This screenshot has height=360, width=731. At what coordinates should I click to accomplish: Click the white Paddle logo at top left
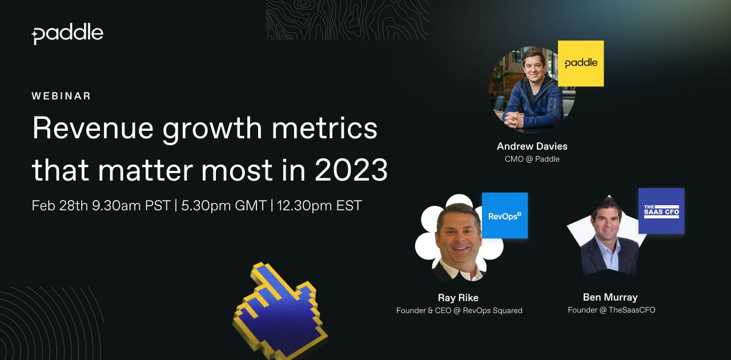[67, 34]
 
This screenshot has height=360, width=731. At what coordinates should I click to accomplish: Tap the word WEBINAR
[61, 96]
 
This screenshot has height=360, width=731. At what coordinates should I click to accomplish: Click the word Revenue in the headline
[93, 128]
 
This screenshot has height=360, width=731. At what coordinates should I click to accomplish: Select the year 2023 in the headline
[351, 170]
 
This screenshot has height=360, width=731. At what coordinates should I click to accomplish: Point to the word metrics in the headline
[325, 128]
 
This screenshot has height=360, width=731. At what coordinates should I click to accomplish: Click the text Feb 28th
[60, 206]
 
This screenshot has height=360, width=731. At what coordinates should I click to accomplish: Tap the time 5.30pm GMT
[224, 206]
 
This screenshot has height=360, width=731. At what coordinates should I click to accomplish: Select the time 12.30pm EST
[319, 206]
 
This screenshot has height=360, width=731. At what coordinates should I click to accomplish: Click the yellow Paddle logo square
[581, 63]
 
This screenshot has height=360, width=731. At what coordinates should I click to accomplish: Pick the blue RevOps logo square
[505, 215]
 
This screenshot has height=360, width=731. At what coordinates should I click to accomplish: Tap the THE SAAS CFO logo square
[661, 211]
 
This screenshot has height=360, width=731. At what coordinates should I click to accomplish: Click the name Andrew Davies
[532, 146]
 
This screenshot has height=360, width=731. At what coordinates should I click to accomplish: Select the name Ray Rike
[458, 298]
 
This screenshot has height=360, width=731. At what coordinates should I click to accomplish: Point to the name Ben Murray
[610, 297]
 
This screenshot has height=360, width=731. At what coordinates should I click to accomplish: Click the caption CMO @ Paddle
[532, 159]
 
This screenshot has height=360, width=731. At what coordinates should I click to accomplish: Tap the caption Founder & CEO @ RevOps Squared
[459, 310]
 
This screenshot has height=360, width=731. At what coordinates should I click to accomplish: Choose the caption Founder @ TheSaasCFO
[612, 310]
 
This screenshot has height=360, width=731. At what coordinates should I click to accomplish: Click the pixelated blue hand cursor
[280, 310]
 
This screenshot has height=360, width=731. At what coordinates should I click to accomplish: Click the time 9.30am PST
[131, 206]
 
